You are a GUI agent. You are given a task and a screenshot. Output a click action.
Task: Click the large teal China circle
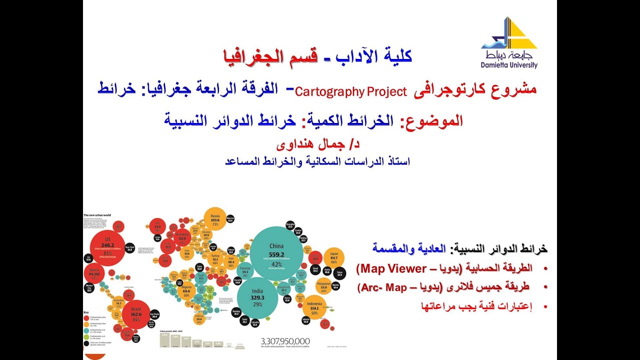pos(276,253)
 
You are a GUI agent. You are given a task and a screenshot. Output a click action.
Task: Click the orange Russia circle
pos(215,220)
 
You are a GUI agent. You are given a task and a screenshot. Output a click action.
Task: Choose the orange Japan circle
pos(334,258)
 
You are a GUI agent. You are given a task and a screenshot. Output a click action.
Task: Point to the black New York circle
pos(129,248)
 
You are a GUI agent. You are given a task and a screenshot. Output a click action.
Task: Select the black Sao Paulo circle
pos(154,315)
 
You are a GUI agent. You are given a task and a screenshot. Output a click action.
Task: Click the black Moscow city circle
pos(230,219)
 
